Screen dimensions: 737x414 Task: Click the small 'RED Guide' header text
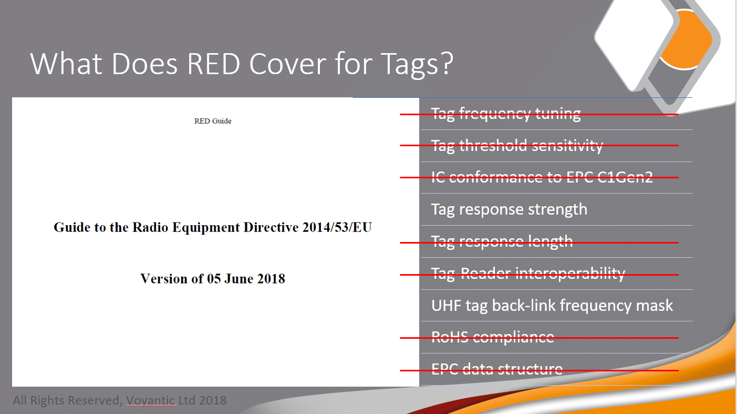[x=213, y=121]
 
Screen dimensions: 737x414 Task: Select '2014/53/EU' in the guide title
[x=337, y=227]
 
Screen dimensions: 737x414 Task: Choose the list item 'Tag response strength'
[x=509, y=209]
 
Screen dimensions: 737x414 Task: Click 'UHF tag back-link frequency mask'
[x=552, y=305]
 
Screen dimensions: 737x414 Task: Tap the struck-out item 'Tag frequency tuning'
[x=506, y=114]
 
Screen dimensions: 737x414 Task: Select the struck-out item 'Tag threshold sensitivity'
[x=517, y=146]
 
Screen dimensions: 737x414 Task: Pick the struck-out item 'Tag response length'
[x=502, y=241]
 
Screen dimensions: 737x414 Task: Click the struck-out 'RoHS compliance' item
[x=493, y=337]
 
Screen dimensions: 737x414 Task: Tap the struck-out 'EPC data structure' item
[x=497, y=369]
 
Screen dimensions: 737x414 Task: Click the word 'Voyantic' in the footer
[x=151, y=400]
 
